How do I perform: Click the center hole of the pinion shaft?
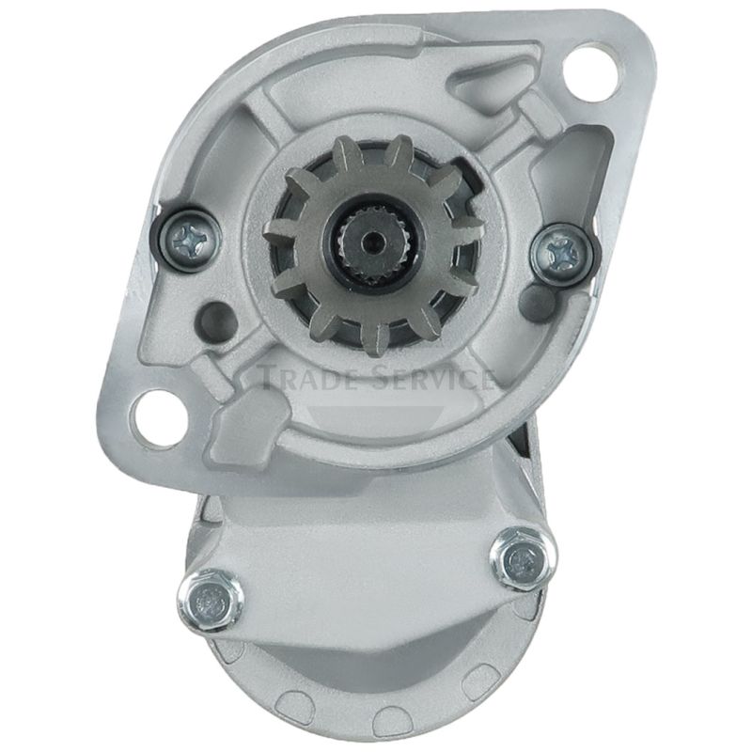point(371,242)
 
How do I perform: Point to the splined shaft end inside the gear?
point(371,242)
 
